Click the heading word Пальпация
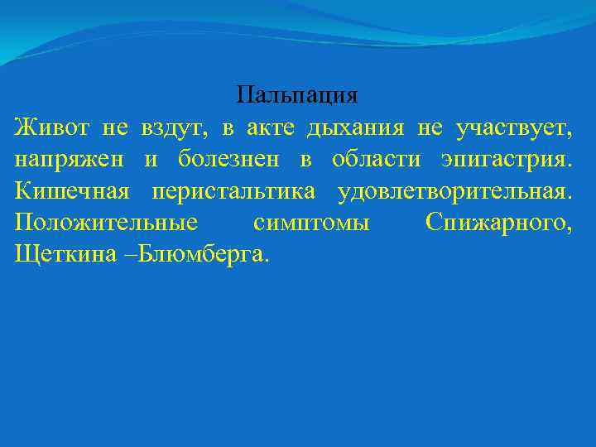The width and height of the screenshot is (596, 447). tap(297, 96)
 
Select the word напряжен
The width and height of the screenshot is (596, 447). tap(64, 161)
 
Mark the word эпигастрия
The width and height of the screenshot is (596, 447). tap(506, 161)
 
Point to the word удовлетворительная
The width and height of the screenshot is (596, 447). tap(454, 192)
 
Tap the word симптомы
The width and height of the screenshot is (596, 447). tap(311, 223)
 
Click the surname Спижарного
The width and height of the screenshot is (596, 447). tap(497, 223)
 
